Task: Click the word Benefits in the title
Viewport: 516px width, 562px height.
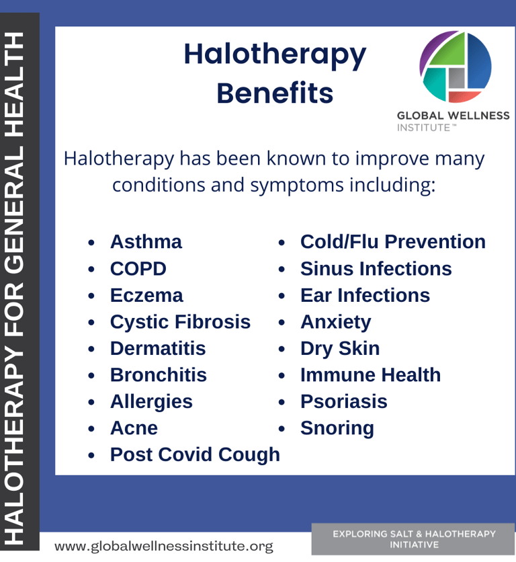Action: (275, 93)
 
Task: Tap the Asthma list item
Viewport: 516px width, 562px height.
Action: (146, 241)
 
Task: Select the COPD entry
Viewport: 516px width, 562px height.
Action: (138, 268)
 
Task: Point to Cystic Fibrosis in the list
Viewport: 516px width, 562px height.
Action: (180, 322)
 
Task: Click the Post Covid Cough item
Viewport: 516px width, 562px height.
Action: (195, 455)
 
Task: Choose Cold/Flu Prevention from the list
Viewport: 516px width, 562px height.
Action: (393, 241)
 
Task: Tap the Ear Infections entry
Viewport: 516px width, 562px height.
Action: (365, 295)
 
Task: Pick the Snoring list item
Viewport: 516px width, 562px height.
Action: (337, 428)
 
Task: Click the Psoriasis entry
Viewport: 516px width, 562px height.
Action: (344, 401)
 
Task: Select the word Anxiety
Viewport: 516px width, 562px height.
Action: (336, 322)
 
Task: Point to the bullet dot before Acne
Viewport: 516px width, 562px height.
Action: (91, 429)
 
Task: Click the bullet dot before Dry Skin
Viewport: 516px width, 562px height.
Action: (282, 349)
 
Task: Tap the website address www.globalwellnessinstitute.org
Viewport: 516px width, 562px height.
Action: (164, 546)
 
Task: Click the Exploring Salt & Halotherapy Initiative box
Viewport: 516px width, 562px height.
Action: (413, 539)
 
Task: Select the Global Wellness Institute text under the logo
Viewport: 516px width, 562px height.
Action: (453, 121)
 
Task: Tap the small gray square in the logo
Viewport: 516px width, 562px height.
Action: (456, 78)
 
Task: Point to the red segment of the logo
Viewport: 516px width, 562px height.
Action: (464, 96)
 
